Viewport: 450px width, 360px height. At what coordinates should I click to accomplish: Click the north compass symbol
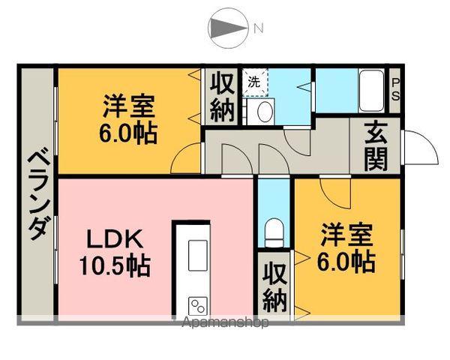click(x=228, y=28)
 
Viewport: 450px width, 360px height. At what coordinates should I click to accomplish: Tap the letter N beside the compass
click(x=259, y=29)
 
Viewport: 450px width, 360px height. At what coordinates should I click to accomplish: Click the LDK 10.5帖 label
click(x=114, y=253)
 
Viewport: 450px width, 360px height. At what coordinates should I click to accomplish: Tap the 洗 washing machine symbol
click(x=253, y=82)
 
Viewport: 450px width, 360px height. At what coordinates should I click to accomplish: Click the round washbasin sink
click(x=264, y=112)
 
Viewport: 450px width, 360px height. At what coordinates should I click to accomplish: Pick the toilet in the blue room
click(x=274, y=231)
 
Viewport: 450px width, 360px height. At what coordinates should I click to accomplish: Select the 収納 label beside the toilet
click(x=275, y=287)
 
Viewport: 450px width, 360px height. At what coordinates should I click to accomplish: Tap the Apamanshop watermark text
click(x=225, y=323)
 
